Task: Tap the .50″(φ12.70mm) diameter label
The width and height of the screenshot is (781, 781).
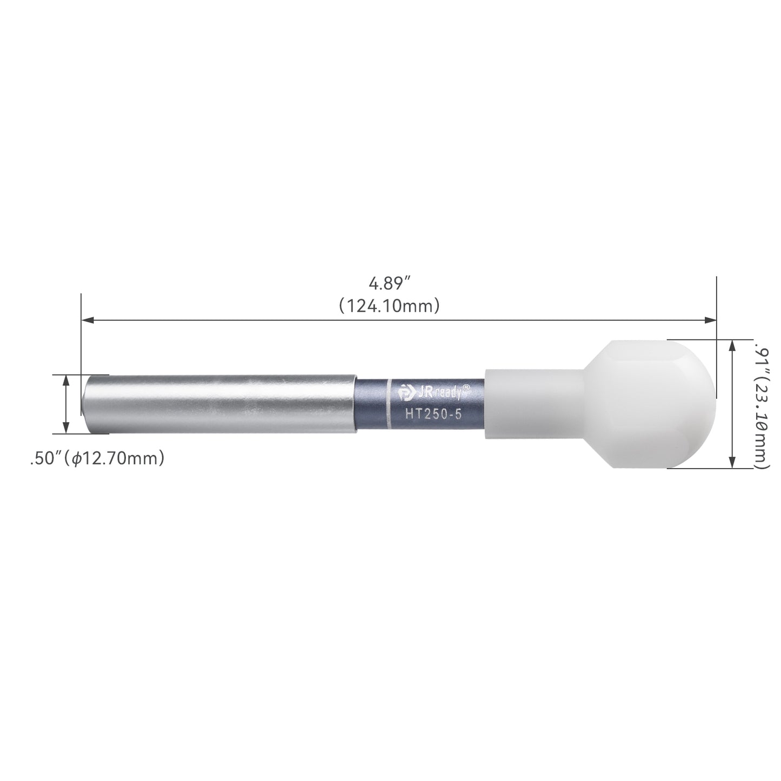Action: coord(97,458)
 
